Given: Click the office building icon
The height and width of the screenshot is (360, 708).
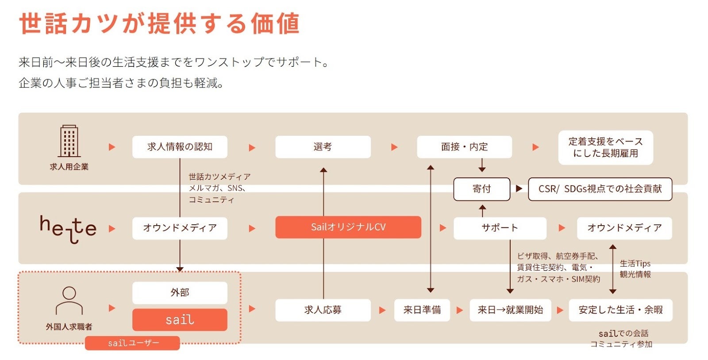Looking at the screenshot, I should click(x=69, y=141).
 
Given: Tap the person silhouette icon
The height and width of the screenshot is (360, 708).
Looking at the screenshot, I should click(x=69, y=301).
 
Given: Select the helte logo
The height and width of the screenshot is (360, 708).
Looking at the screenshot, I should click(x=68, y=229).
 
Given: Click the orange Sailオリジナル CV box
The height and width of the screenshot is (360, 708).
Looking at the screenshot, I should click(x=348, y=227).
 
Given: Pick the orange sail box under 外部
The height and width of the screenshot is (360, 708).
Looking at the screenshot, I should click(x=180, y=320).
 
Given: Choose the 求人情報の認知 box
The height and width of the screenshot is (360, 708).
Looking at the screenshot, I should click(x=180, y=147).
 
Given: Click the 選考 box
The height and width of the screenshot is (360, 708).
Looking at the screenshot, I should click(x=323, y=147).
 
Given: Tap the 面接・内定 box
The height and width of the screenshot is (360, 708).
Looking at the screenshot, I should click(x=464, y=147).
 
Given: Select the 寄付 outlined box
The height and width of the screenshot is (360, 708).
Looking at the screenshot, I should click(x=481, y=189).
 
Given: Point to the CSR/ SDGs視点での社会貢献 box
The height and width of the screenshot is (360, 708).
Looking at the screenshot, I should click(x=600, y=189).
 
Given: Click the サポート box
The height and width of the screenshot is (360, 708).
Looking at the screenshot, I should click(x=500, y=228).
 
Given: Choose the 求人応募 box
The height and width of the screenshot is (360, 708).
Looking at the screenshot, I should click(x=323, y=310).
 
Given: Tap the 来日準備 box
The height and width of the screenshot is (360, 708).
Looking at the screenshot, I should click(x=422, y=310).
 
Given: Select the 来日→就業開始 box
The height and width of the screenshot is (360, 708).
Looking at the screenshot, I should click(x=510, y=310).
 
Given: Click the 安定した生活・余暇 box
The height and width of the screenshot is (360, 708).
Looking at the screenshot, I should click(x=620, y=310).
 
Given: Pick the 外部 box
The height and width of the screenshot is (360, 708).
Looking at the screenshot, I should click(x=180, y=292).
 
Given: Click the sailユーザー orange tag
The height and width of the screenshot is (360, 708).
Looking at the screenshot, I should click(x=132, y=343).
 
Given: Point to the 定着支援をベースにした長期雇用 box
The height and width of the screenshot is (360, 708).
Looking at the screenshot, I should click(x=605, y=148).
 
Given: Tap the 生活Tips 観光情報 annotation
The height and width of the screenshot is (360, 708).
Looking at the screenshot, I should click(x=635, y=269).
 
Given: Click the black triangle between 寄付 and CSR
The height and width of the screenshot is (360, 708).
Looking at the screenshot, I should click(x=519, y=188).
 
